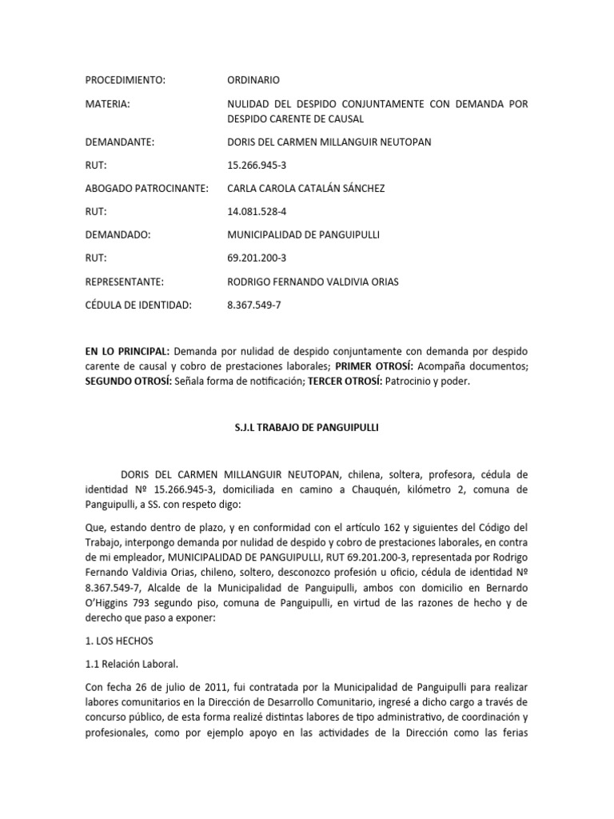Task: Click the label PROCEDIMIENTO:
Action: click(125, 80)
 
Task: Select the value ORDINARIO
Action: click(254, 80)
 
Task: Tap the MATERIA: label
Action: click(107, 105)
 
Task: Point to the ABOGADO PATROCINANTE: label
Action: click(147, 188)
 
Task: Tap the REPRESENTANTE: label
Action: click(125, 282)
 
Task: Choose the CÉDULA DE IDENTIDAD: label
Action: click(138, 305)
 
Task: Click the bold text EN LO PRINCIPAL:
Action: click(127, 352)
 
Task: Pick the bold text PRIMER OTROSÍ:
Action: click(373, 366)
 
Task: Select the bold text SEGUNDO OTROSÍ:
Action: click(129, 382)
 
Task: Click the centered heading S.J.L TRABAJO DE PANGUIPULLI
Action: click(306, 428)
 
